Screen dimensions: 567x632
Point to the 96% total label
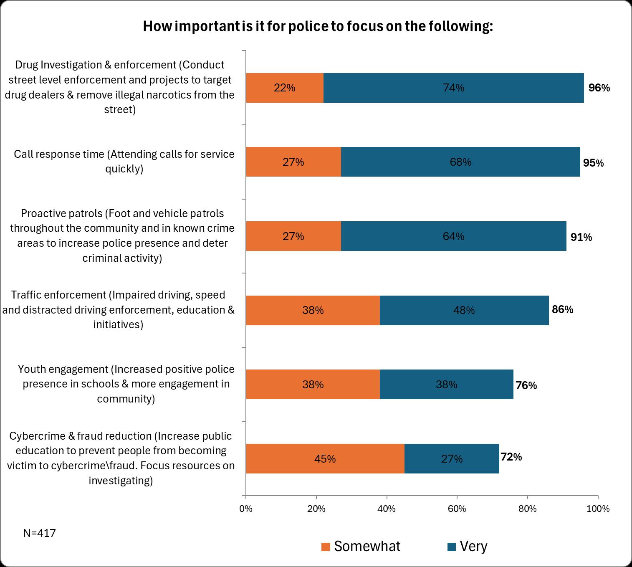(x=599, y=88)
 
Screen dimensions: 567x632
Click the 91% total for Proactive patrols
(x=581, y=237)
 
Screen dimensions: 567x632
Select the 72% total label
(x=511, y=457)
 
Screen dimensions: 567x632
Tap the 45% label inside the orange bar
(x=325, y=459)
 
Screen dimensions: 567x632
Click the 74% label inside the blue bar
(x=454, y=88)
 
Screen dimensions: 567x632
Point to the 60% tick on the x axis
(x=457, y=509)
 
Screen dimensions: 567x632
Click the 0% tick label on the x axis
(x=246, y=509)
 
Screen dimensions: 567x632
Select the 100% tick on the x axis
(x=598, y=509)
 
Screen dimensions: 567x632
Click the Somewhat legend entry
(x=367, y=547)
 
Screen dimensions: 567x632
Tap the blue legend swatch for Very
(x=451, y=547)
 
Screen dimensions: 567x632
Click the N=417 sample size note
(x=39, y=533)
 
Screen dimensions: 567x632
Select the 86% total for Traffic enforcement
(x=562, y=309)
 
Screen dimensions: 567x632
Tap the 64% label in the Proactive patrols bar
(x=453, y=236)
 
